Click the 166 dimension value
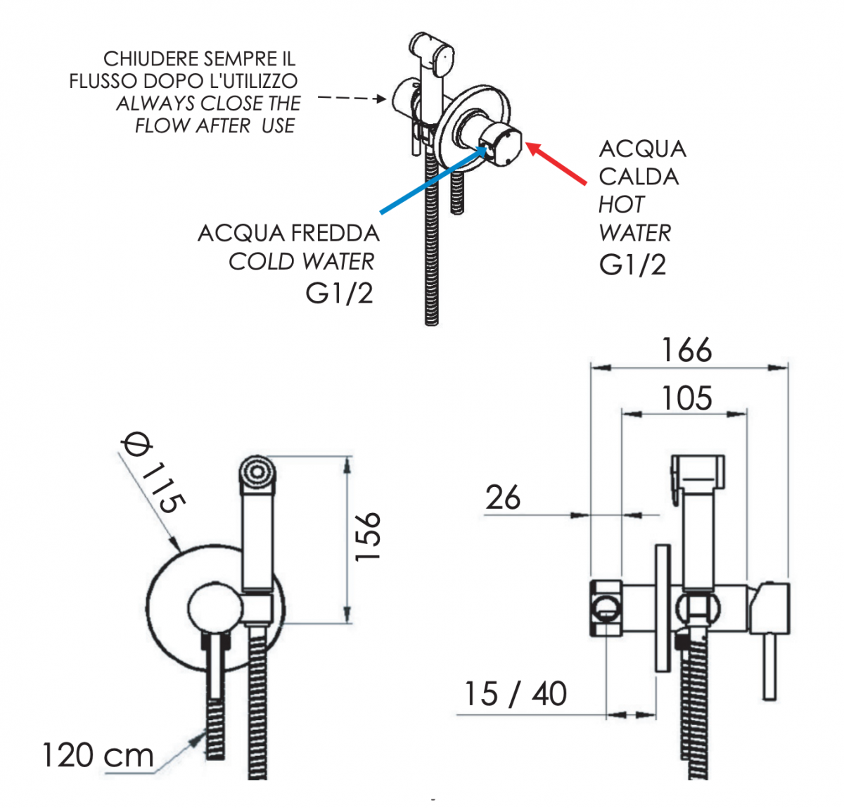point(686,350)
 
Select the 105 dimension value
point(686,398)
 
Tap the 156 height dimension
point(367,536)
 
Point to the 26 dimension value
point(503,498)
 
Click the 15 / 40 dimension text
point(515,694)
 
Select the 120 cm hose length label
point(98,755)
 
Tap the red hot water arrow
point(556,163)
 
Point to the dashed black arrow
point(352,98)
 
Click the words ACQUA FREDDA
point(288,233)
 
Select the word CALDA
point(639,177)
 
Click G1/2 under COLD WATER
point(339,293)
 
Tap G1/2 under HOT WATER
point(632,265)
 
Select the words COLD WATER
point(301,262)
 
